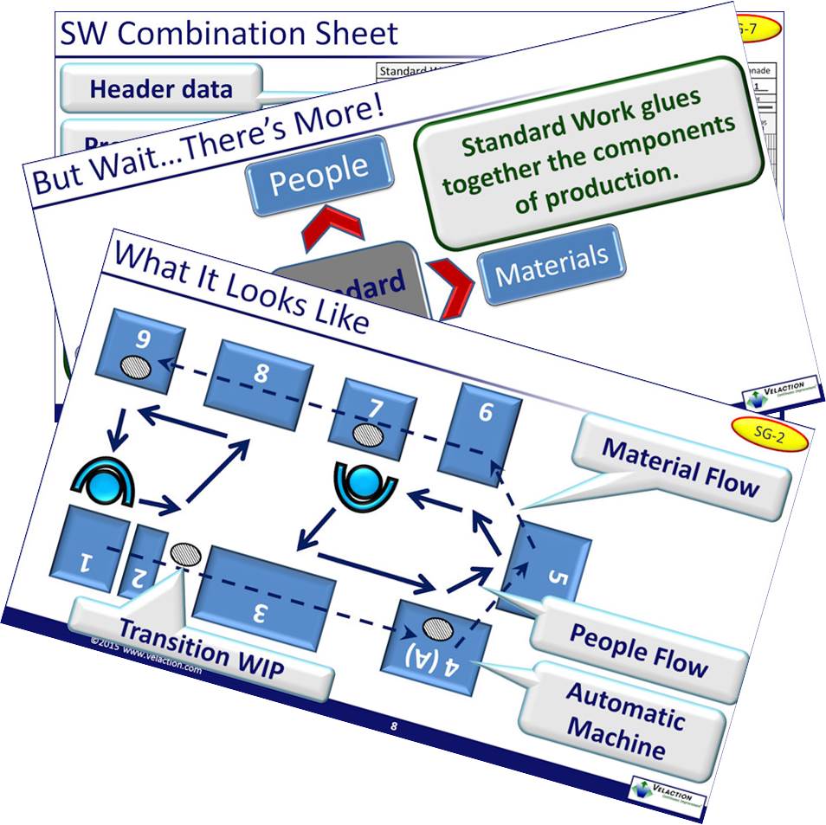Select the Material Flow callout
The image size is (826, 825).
click(x=681, y=468)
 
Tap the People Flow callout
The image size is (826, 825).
click(x=639, y=648)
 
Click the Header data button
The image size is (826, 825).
click(x=160, y=89)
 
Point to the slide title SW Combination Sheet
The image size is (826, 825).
click(x=229, y=34)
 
